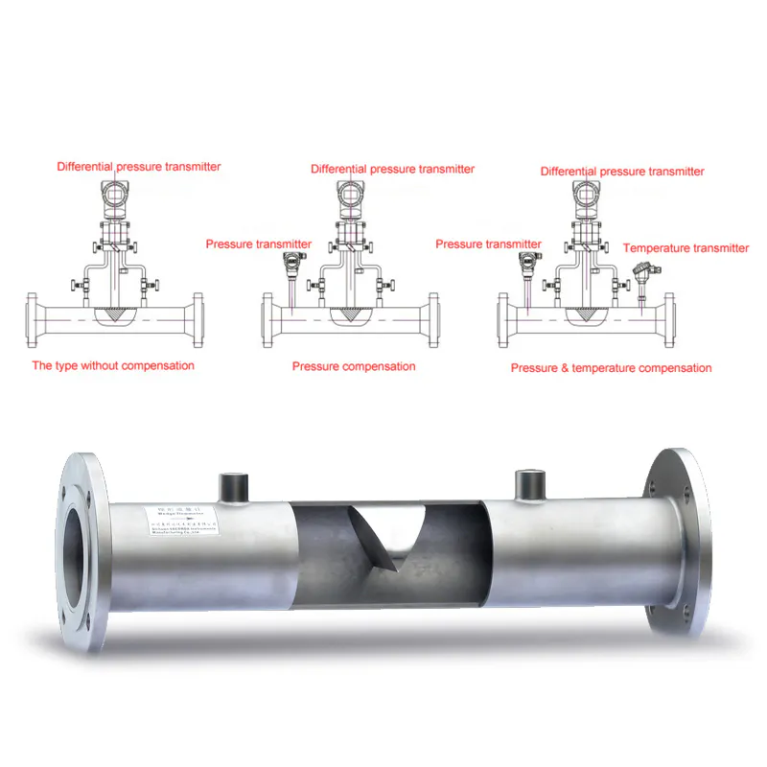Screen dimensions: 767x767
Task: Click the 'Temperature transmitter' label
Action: [686, 248]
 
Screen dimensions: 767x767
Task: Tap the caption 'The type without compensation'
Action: [113, 365]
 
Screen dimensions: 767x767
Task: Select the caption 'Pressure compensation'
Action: [354, 366]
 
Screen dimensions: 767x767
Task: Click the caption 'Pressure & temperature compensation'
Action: [611, 368]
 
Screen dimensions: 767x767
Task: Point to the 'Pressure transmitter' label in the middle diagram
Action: [258, 244]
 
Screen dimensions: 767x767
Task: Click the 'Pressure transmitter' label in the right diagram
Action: [488, 244]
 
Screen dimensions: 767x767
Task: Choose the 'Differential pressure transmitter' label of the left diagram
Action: [139, 167]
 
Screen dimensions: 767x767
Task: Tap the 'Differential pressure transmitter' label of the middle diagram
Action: [392, 169]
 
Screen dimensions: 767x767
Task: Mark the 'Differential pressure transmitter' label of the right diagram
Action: [622, 172]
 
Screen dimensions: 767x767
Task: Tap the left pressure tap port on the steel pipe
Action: [234, 486]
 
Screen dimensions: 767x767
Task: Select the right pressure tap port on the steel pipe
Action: [529, 484]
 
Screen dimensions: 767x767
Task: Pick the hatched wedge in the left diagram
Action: [118, 314]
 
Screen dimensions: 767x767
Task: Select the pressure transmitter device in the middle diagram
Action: [292, 261]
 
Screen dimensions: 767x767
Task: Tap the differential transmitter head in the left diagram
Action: [117, 196]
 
